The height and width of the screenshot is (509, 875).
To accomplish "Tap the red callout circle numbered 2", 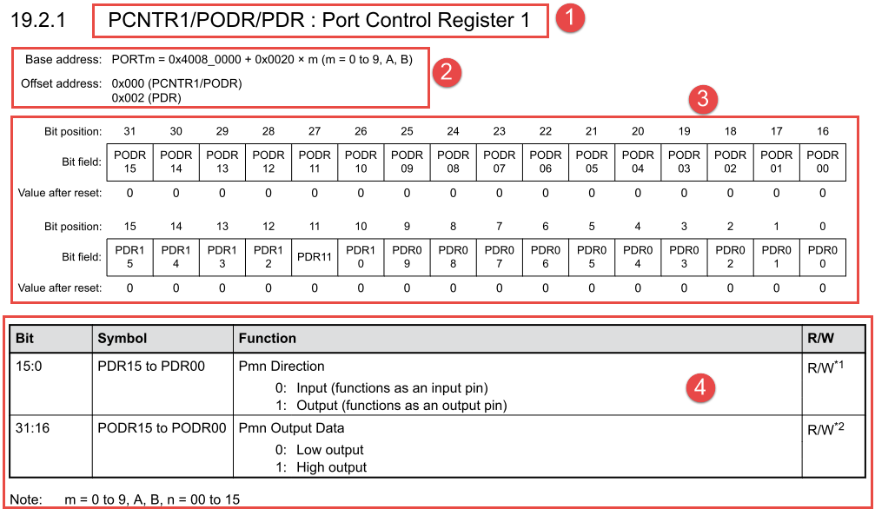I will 446,73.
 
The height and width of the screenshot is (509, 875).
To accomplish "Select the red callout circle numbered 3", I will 702,100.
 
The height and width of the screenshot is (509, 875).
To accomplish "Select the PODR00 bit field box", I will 822,162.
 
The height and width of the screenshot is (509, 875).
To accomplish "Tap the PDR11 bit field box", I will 314,257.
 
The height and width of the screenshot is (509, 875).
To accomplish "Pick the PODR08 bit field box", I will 453,162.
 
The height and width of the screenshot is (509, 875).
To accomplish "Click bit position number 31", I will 129,131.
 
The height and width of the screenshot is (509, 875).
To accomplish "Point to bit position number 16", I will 822,131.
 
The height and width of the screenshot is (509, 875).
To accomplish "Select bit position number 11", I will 314,227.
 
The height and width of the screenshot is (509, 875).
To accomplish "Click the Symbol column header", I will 123,338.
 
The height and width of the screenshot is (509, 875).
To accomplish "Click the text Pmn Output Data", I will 291,428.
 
